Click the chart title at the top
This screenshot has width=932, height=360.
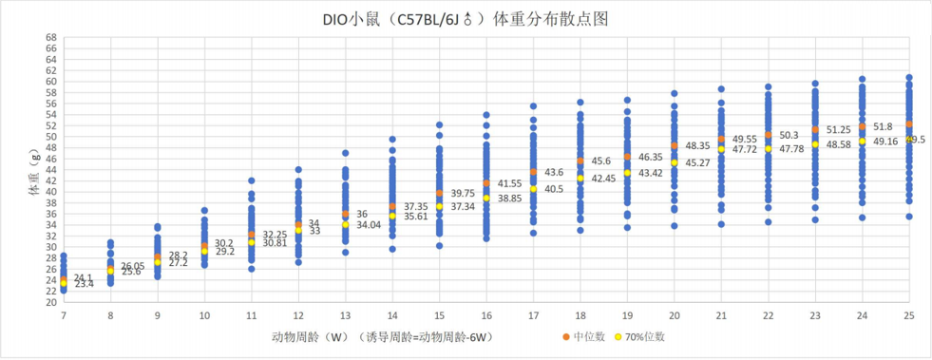coord(466,17)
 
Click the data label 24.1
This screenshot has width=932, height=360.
coord(83,277)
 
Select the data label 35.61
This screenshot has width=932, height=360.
coord(416,217)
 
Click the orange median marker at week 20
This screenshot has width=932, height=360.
coord(675,145)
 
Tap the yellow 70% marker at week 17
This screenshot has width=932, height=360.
coord(533,189)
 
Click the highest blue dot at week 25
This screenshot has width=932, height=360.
coord(909,78)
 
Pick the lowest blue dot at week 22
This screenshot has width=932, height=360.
coord(768,221)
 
